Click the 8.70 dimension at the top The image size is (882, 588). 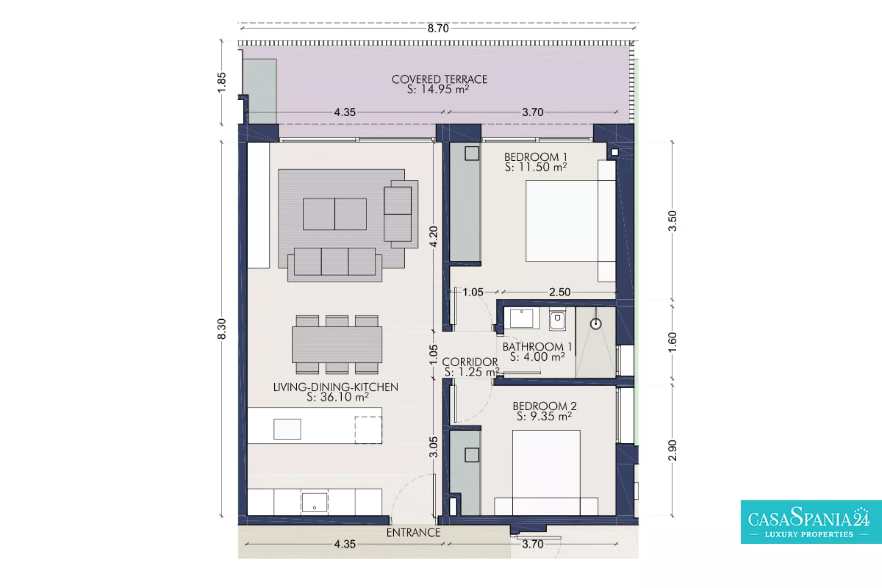[438, 28]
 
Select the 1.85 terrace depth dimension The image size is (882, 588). [221, 82]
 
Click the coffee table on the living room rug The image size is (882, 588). [335, 214]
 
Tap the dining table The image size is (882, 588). [337, 345]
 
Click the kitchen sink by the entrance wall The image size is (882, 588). [314, 502]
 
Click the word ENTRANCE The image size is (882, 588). [413, 532]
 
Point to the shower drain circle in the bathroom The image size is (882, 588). [596, 324]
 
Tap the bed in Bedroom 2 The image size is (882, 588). [546, 473]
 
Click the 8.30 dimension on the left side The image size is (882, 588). [221, 329]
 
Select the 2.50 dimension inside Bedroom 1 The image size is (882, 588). [560, 292]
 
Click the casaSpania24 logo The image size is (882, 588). [811, 522]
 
